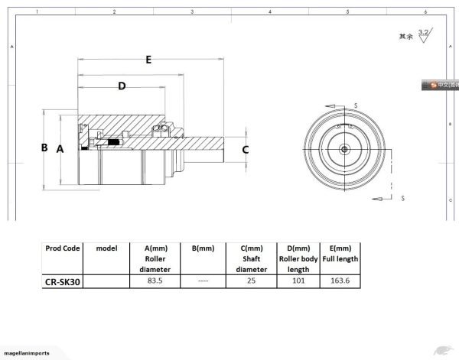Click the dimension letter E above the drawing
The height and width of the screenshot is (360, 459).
coord(148,59)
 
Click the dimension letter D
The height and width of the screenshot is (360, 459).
coord(121,86)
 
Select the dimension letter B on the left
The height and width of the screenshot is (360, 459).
coord(44,148)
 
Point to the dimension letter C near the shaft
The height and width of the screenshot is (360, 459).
coord(245,150)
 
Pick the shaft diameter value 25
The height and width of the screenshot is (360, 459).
coord(249,281)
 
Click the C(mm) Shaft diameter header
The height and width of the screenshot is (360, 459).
coord(249,258)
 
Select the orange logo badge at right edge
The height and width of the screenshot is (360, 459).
coord(439,85)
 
